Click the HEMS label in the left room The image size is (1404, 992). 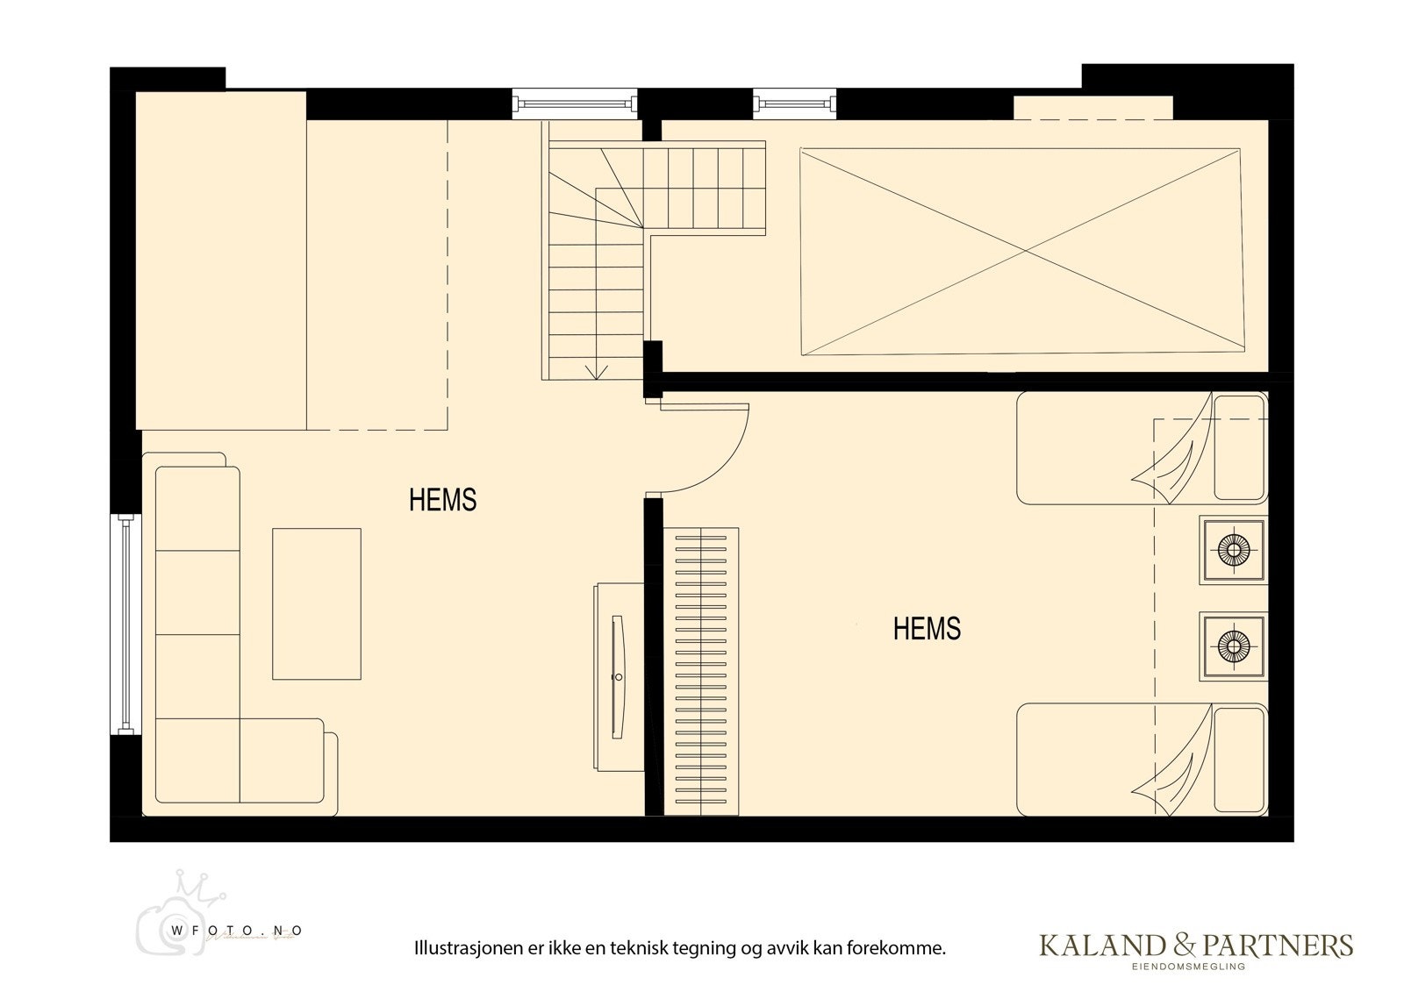click(x=442, y=500)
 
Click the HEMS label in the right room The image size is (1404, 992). click(x=927, y=629)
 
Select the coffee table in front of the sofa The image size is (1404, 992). click(x=316, y=603)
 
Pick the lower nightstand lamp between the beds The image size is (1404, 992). click(x=1233, y=646)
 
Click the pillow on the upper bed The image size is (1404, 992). click(x=1239, y=447)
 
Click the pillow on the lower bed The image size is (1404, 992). click(x=1239, y=760)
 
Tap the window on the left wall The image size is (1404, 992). click(x=125, y=624)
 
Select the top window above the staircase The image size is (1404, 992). click(x=575, y=103)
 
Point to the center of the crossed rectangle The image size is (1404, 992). click(x=1024, y=252)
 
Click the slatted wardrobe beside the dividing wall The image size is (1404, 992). click(x=701, y=671)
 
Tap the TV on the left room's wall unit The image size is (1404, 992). click(x=619, y=676)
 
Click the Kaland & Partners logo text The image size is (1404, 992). click(x=1195, y=945)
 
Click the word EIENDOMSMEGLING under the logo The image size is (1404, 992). click(x=1195, y=967)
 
